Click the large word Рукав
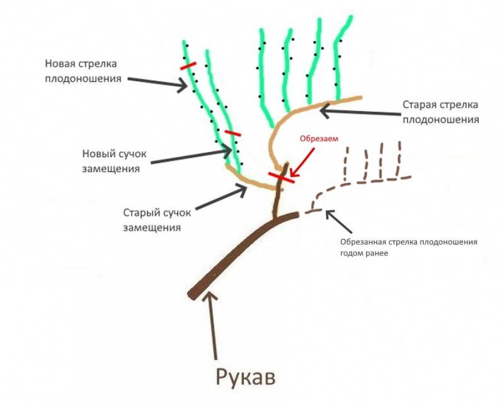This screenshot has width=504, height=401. pos(246,376)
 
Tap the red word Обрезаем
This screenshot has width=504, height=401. pos(319,139)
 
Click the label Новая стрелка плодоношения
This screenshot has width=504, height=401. pos(83,71)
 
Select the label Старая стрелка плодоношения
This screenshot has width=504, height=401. pos(440,112)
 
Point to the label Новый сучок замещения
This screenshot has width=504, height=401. pos(114,161)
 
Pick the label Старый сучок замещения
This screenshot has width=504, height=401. pos(157,220)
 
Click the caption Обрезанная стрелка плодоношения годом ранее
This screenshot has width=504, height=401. pos(409,247)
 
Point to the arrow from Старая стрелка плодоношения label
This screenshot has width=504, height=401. pos(360,111)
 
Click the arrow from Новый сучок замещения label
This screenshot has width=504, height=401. pos(192,156)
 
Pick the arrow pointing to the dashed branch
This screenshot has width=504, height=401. pos(339,221)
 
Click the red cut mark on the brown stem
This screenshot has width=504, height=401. pos(282,178)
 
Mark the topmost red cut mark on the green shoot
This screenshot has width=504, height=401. pos(188,66)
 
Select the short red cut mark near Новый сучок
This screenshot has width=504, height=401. pos(232,133)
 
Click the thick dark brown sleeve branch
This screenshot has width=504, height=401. pos(244,254)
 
